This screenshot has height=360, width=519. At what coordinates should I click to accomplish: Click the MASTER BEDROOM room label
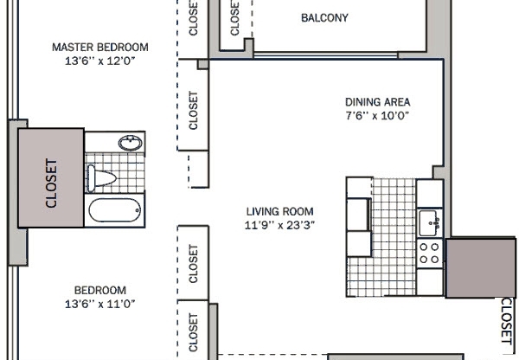click(x=99, y=47)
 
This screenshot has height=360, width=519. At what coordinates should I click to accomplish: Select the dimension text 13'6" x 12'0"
click(x=99, y=61)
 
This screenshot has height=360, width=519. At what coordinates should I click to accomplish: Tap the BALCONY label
click(x=324, y=18)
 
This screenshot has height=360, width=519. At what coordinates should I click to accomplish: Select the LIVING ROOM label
click(x=279, y=211)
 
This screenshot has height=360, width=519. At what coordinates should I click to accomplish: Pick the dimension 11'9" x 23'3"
click(x=279, y=226)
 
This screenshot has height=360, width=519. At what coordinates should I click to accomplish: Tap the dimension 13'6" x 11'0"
click(x=99, y=304)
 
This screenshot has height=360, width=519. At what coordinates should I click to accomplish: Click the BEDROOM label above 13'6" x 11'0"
click(x=99, y=290)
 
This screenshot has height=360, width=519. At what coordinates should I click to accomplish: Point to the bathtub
click(x=115, y=210)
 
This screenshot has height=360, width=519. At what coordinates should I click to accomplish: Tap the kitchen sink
click(x=428, y=224)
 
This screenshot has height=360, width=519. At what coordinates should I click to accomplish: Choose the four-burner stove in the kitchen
click(x=429, y=251)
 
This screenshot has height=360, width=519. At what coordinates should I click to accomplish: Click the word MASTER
click(x=73, y=47)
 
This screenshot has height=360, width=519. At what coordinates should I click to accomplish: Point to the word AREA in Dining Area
click(x=394, y=100)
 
